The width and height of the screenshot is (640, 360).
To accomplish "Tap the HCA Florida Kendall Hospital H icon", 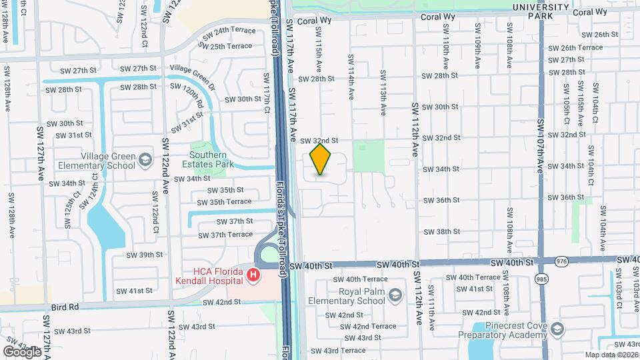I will pyautogui.click(x=253, y=275).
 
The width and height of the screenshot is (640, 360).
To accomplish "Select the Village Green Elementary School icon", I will pyautogui.click(x=145, y=160).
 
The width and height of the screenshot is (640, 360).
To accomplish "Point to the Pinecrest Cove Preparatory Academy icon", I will pyautogui.click(x=557, y=329).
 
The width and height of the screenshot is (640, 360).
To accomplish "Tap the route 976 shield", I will pyautogui.click(x=561, y=261).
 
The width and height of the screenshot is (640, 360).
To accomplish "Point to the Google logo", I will pyautogui.click(x=22, y=351).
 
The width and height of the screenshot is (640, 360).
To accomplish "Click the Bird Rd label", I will pyautogui.click(x=65, y=307).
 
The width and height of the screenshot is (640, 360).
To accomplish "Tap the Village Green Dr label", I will pyautogui.click(x=193, y=69).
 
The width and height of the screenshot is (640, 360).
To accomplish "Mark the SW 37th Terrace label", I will pyautogui.click(x=225, y=235).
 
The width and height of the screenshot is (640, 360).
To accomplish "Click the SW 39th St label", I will pyautogui.click(x=141, y=255).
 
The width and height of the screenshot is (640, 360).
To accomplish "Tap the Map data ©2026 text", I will pyautogui.click(x=611, y=355).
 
